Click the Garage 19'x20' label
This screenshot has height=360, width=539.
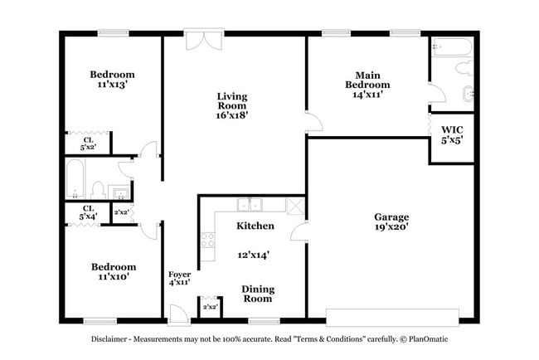pos(391,221)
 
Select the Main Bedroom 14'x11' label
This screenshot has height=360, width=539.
pos(367,85)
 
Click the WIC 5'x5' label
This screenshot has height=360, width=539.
pos(452,134)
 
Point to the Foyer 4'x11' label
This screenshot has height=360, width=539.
pos(180,278)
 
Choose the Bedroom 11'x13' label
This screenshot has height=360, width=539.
pos(112,80)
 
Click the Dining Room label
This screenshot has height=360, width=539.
pos(258,294)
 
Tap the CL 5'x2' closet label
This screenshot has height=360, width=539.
pos(88,143)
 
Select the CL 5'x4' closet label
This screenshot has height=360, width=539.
pos(88,212)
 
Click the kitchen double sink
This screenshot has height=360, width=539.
pos(248,205)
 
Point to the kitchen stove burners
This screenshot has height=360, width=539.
pos(207,242)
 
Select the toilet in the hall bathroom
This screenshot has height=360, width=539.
pos(97,189)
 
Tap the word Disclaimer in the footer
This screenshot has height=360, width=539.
pos(114,339)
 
